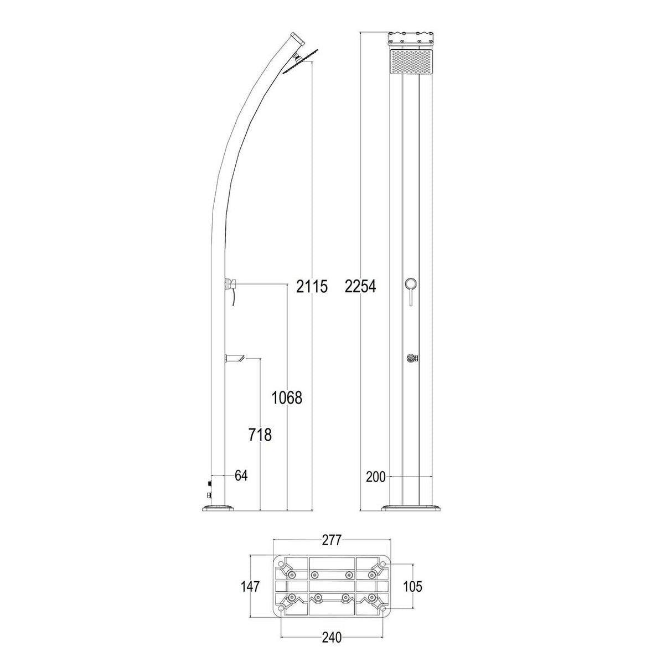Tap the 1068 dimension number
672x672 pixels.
click(287, 397)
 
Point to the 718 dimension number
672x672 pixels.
click(260, 435)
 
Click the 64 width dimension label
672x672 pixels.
click(241, 475)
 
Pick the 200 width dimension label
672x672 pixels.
click(376, 477)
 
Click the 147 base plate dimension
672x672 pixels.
click(250, 586)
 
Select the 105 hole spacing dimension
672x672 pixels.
click(412, 586)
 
